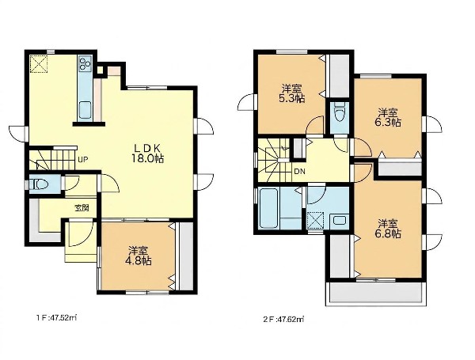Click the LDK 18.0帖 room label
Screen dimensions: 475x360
[x=147, y=153]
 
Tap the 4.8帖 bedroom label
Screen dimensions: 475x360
[x=138, y=256]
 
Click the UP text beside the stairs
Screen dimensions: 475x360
[x=83, y=159]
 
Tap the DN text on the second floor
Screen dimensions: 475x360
[x=299, y=172]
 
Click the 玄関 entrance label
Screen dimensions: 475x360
[x=82, y=208]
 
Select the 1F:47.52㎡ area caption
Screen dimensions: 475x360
[x=56, y=318]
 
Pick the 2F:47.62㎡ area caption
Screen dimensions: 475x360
[x=283, y=319]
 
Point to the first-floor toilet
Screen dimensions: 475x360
[x=39, y=184]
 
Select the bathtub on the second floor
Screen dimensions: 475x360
[x=269, y=209]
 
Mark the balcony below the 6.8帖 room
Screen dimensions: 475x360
[x=376, y=293]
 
